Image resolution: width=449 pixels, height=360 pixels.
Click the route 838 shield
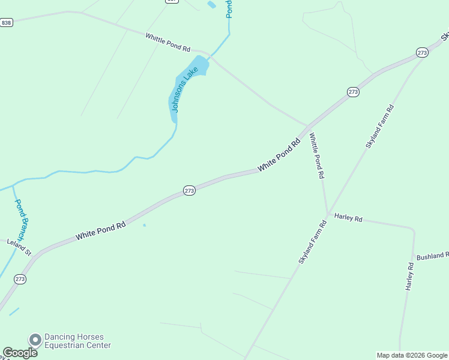tap(7, 23)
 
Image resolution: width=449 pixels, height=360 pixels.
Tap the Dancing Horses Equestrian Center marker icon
tap(35, 340)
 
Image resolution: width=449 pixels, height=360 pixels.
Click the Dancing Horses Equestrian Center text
tap(77, 341)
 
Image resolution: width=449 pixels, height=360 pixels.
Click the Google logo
tap(20, 353)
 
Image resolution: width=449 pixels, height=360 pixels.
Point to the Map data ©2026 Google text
tap(412, 355)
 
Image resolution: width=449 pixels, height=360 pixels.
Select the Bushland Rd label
tap(433, 256)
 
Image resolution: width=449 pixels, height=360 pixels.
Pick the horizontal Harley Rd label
tap(348, 218)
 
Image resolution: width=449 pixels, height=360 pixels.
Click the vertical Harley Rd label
tap(411, 277)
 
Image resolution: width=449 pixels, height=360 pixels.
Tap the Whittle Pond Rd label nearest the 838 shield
tap(167, 42)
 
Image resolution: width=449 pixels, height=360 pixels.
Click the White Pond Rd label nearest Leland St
tap(101, 231)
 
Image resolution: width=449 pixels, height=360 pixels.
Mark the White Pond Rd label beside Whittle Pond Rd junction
tap(279, 156)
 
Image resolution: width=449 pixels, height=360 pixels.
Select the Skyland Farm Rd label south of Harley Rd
tap(312, 242)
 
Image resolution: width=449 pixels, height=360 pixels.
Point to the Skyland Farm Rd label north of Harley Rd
tap(380, 127)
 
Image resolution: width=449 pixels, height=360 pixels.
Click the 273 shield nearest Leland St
tap(20, 279)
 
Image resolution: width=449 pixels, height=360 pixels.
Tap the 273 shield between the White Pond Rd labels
tap(189, 190)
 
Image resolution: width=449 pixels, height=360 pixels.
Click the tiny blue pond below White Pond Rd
tap(144, 226)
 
